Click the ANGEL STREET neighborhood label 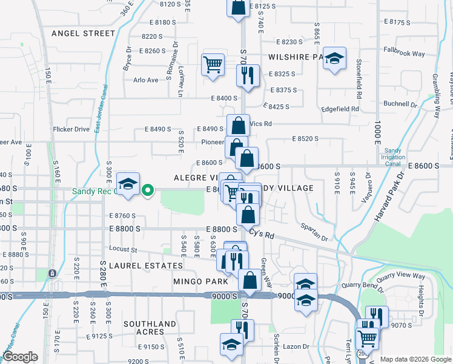coord(83,33)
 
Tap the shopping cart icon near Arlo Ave coord(213,64)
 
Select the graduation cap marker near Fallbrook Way coord(334,58)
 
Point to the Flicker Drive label coord(71,129)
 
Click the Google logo coord(21,357)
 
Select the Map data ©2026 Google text coord(415,359)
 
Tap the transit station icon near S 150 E coord(53,274)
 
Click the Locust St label coord(124,249)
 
